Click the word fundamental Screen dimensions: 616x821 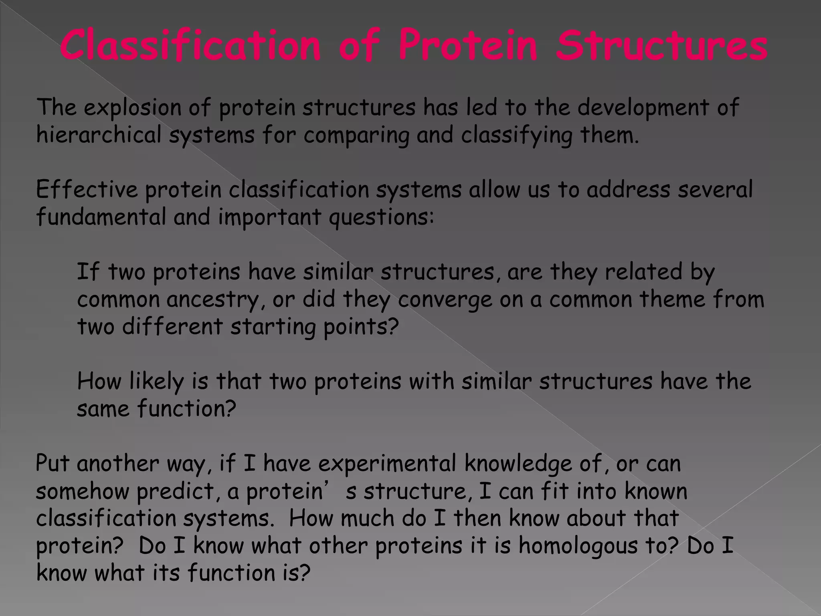pos(101,217)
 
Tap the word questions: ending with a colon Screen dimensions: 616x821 pos(381,218)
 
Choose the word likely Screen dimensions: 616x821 pos(156,381)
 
